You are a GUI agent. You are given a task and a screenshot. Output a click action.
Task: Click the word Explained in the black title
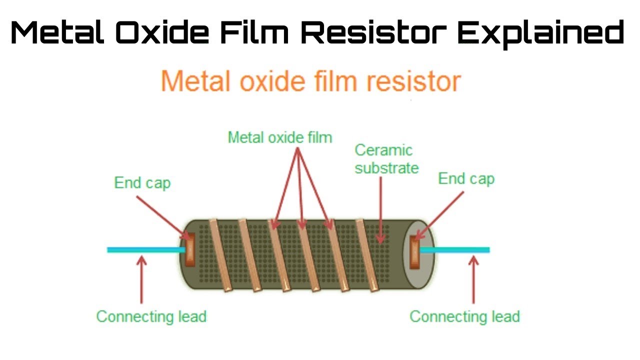pyautogui.click(x=541, y=34)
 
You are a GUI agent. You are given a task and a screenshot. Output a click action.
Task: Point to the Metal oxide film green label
pyautogui.click(x=279, y=137)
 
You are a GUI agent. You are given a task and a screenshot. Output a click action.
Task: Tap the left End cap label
pyautogui.click(x=142, y=183)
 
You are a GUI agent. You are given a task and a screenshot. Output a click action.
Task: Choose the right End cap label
pyautogui.click(x=466, y=178)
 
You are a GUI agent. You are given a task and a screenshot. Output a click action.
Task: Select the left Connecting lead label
pyautogui.click(x=151, y=316)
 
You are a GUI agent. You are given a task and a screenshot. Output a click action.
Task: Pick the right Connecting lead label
pyautogui.click(x=464, y=316)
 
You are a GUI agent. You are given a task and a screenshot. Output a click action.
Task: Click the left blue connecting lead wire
pyautogui.click(x=145, y=249)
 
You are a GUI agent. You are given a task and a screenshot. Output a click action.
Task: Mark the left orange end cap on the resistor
pyautogui.click(x=190, y=250)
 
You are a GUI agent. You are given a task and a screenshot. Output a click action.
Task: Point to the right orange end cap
pyautogui.click(x=415, y=249)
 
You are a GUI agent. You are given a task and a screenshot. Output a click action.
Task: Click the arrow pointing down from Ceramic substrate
pyautogui.click(x=381, y=210)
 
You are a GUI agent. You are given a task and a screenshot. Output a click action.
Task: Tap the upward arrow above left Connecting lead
pyautogui.click(x=141, y=280)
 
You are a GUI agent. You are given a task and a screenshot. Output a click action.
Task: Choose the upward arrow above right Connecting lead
pyautogui.click(x=473, y=280)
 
